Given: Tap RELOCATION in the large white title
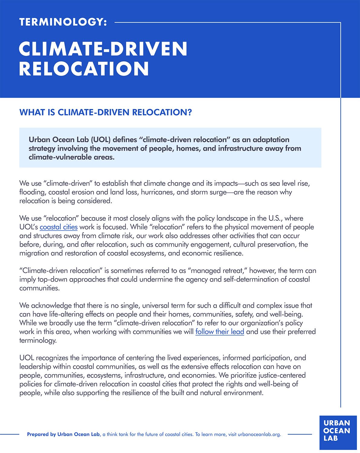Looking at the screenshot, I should (84, 69).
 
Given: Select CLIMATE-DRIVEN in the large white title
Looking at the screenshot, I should (103, 49).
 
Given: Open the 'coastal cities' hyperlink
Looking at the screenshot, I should (59, 227).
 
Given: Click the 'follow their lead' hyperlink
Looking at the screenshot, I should (220, 332).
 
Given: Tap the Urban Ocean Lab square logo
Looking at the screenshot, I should (338, 432).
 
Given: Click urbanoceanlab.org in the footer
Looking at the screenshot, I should (259, 435).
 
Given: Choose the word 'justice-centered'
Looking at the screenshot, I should (282, 375).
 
